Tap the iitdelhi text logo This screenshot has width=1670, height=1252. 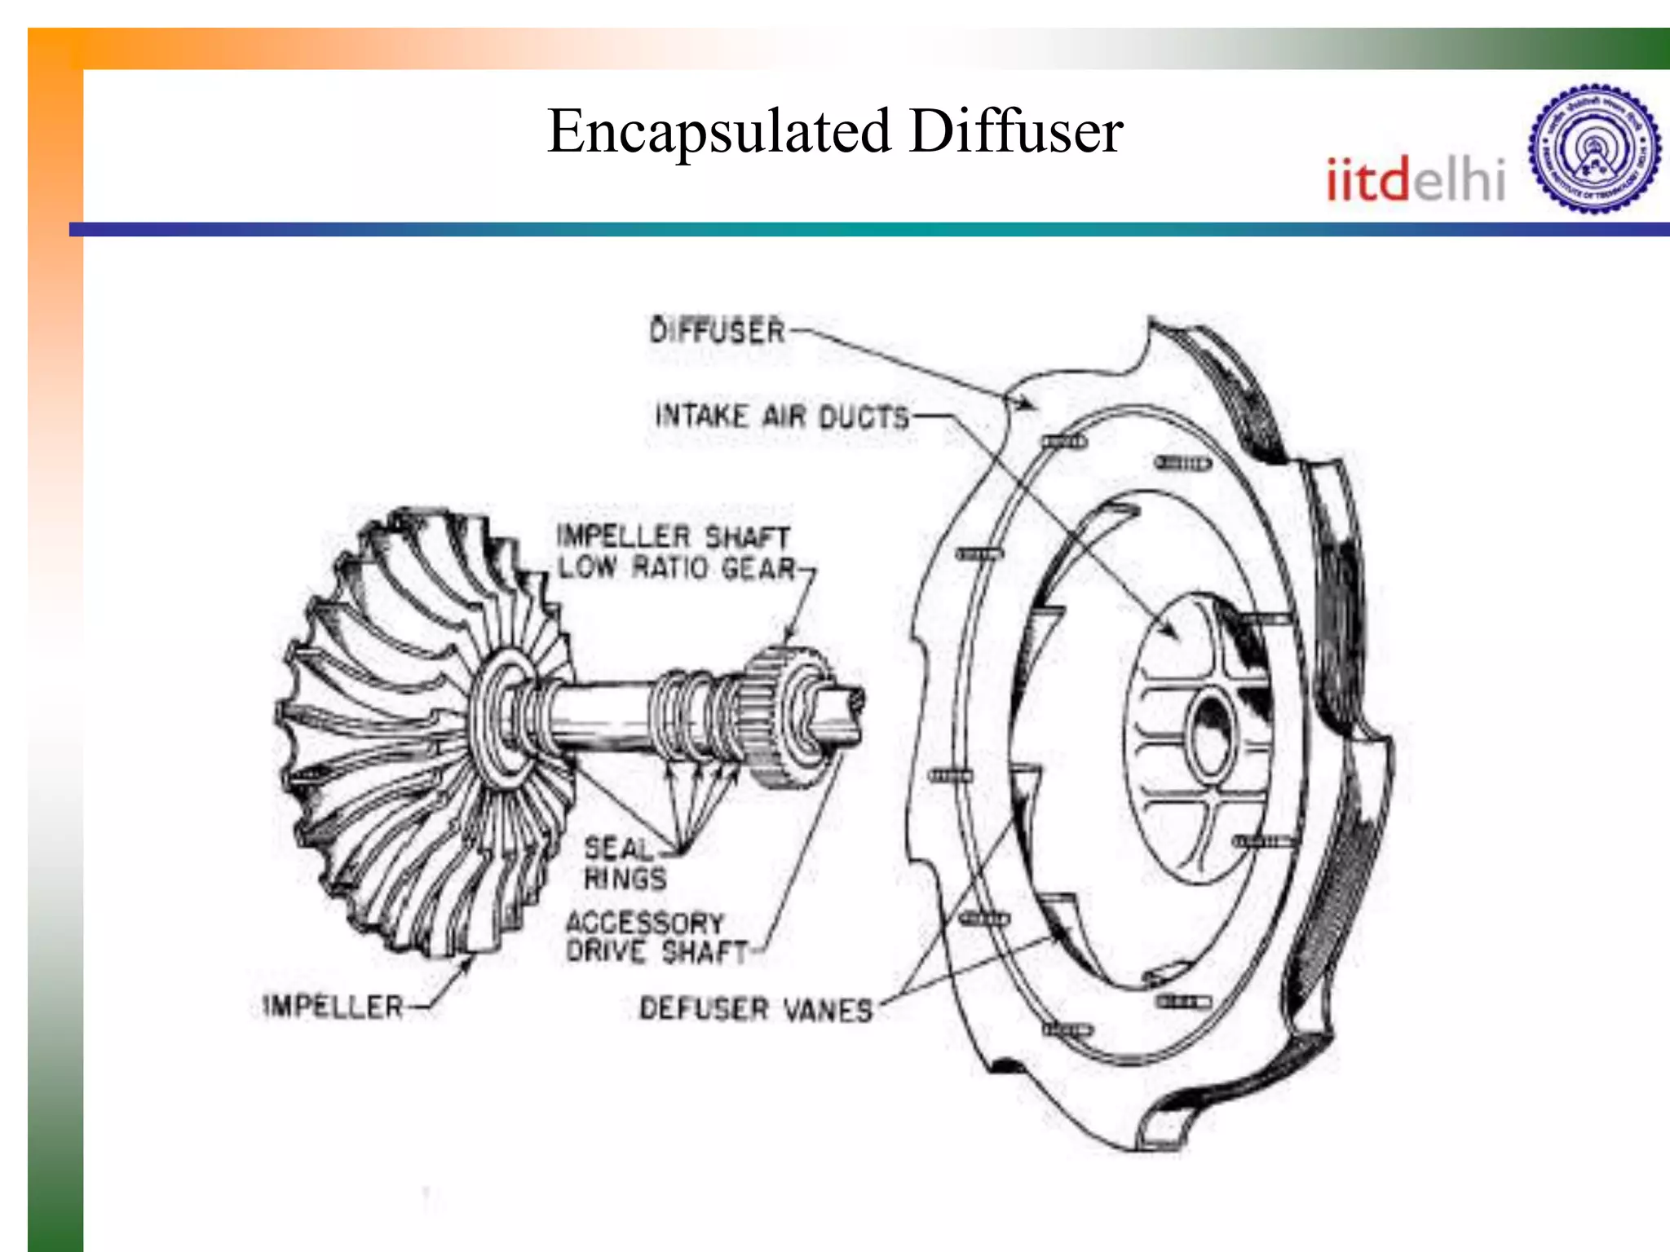1415,179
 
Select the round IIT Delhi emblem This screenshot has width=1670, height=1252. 1594,149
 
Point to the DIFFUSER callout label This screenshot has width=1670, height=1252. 717,331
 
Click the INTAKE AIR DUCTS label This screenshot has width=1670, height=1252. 781,417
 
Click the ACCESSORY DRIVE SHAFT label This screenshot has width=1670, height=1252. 656,937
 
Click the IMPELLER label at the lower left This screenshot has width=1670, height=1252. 334,1007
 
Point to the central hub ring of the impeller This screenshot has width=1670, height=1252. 501,717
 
